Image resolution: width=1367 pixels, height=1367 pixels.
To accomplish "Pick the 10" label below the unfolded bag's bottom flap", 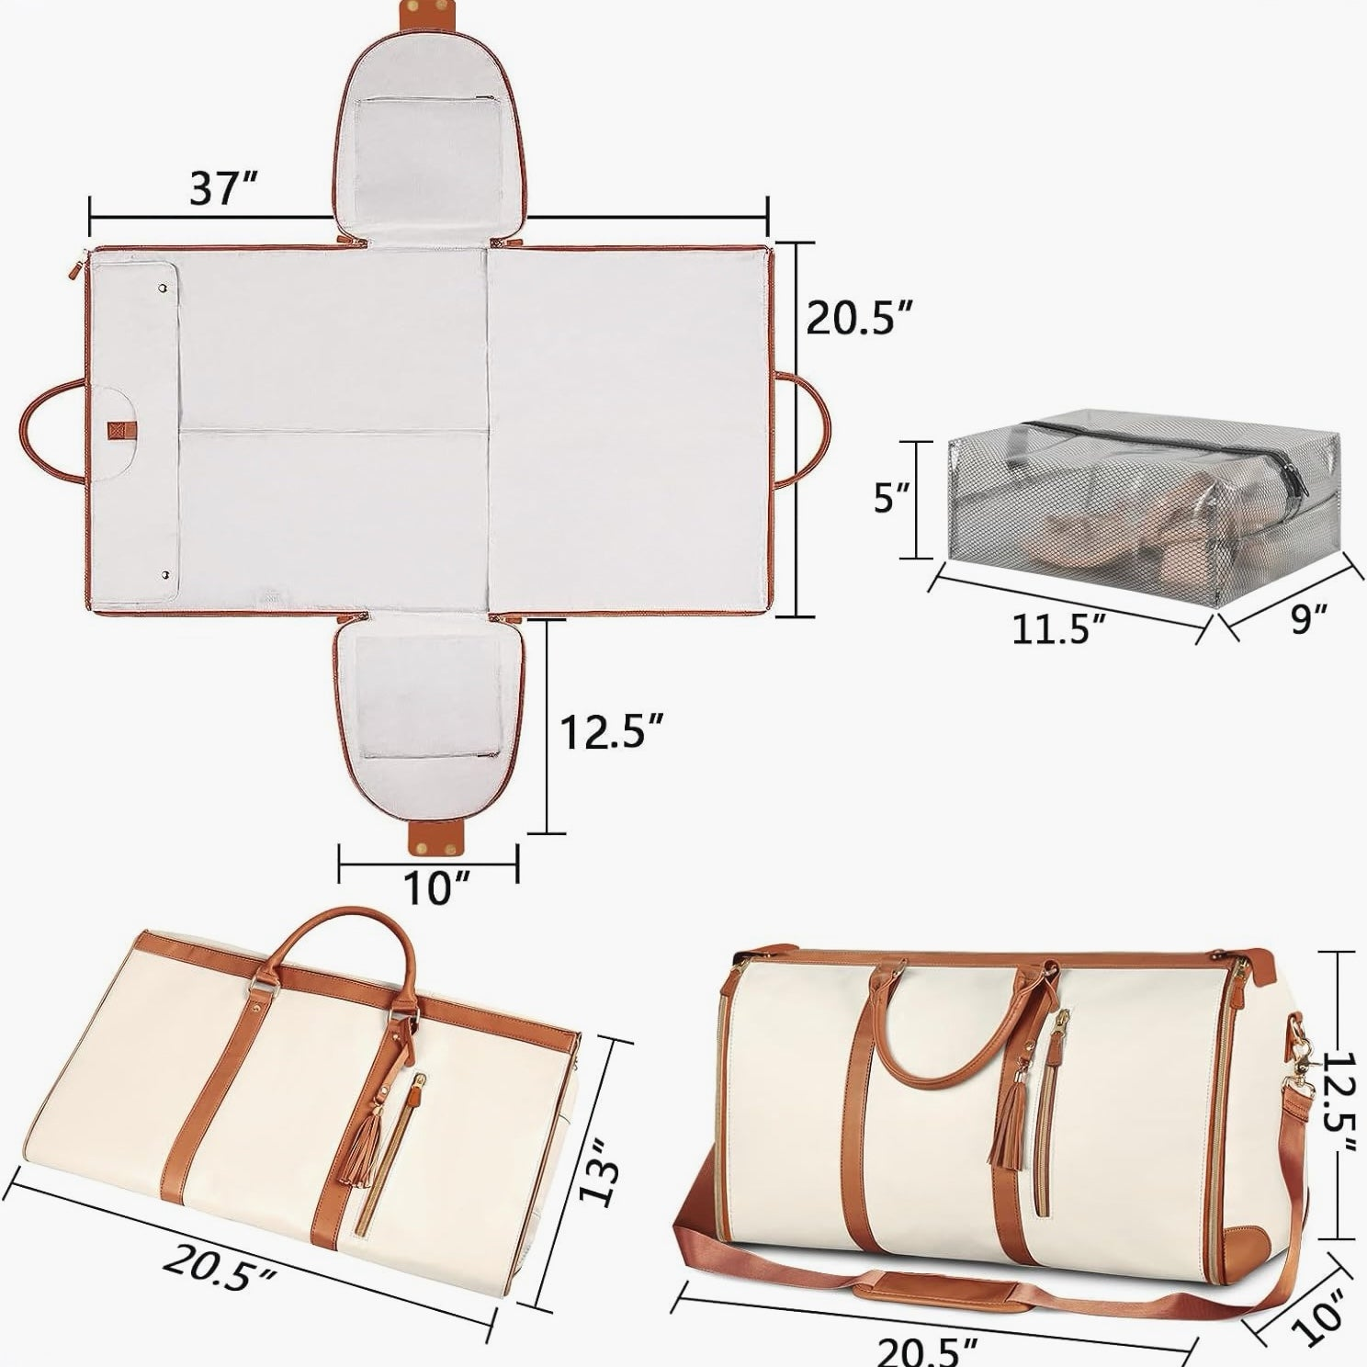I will (x=430, y=887).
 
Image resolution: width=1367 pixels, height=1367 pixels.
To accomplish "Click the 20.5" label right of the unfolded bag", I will (x=860, y=317).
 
